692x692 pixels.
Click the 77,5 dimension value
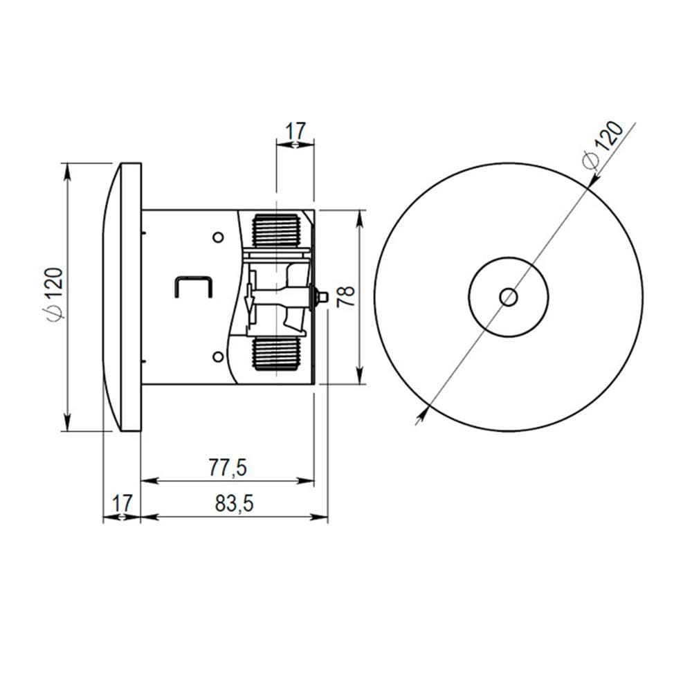click(x=228, y=468)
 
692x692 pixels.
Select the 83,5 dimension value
click(x=235, y=504)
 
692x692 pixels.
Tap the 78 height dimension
click(x=345, y=297)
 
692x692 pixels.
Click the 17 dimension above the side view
click(x=295, y=131)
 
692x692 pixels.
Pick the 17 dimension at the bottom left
click(x=122, y=503)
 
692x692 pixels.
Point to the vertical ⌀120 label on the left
click(x=55, y=294)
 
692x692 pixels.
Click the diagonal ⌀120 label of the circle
click(x=603, y=145)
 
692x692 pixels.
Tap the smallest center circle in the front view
click(x=509, y=297)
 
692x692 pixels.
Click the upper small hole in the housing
click(x=218, y=237)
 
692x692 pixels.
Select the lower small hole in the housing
click(x=218, y=356)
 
